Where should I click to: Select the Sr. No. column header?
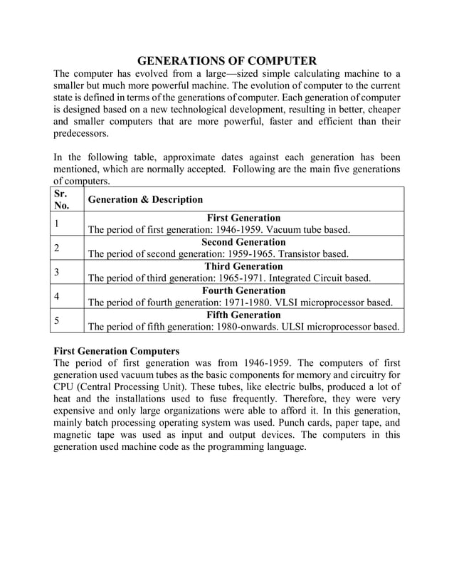pos(63,199)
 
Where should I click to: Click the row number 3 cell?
pos(58,272)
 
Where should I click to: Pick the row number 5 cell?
pos(58,320)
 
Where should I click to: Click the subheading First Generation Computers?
pos(117,351)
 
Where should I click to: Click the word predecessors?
pos(82,133)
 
